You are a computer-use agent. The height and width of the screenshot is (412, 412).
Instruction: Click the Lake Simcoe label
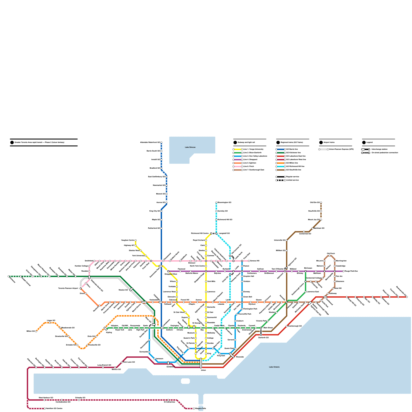190,147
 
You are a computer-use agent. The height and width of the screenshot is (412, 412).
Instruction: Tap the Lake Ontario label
274,367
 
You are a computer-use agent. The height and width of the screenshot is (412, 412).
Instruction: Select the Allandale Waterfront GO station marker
161,142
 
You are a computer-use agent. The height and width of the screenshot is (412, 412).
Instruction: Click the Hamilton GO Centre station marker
45,409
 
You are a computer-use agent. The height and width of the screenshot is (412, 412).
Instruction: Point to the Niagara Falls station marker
194,409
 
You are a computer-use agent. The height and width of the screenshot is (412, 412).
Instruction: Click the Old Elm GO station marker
321,203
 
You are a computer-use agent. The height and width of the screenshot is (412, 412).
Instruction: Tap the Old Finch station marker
330,256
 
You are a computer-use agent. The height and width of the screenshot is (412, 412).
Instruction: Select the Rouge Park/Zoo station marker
343,271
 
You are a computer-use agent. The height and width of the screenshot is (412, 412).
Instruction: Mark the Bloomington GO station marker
216,203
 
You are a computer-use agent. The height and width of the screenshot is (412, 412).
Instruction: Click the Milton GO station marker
36,331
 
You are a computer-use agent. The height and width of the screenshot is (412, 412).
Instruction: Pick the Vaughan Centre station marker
136,240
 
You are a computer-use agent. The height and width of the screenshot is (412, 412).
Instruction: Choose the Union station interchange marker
201,363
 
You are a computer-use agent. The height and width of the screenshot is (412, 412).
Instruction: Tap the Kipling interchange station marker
105,329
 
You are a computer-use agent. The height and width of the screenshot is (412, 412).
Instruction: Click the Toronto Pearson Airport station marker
81,288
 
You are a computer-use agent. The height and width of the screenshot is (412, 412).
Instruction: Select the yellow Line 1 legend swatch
238,149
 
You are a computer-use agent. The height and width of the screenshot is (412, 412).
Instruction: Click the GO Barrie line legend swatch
281,149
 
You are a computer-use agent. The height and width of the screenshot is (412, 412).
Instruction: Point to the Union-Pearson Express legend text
341,149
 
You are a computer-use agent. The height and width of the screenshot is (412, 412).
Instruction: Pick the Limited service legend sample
281,180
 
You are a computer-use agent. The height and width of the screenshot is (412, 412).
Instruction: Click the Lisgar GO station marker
50,323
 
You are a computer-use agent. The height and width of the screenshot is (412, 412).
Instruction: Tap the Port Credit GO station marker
88,367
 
